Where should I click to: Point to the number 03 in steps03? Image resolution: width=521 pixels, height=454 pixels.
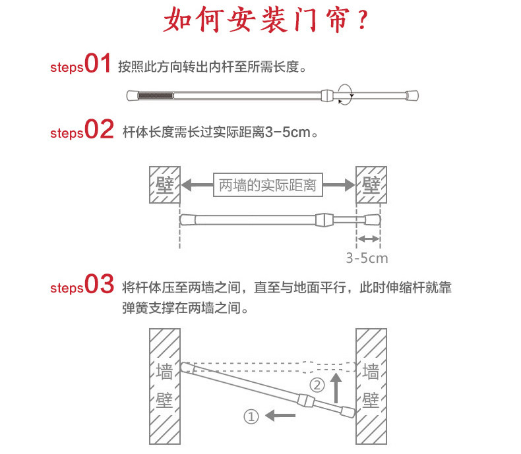(x=100, y=285)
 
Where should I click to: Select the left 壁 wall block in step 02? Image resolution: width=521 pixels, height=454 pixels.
(x=163, y=185)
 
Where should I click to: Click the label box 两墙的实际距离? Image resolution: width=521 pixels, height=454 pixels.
(x=268, y=185)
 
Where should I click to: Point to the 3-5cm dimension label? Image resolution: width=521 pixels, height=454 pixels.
(x=367, y=257)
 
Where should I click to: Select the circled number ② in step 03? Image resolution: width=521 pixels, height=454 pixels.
(x=317, y=384)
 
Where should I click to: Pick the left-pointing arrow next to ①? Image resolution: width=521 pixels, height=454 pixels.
(x=280, y=415)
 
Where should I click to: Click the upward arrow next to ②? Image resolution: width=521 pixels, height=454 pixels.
(x=336, y=387)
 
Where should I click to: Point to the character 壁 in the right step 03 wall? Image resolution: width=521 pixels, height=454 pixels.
(x=371, y=400)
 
